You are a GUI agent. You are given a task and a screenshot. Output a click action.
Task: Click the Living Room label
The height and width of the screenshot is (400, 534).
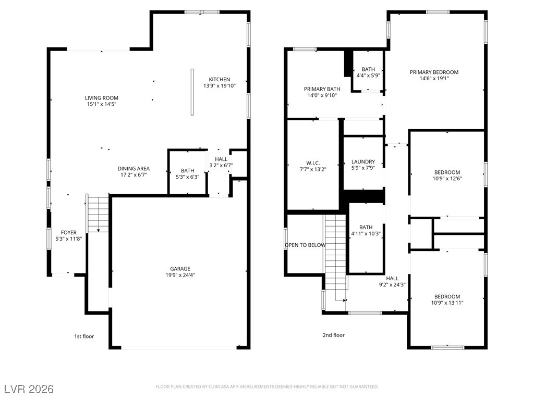click(102, 98)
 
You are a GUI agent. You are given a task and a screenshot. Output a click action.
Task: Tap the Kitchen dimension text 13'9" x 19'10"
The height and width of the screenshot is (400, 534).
click(220, 86)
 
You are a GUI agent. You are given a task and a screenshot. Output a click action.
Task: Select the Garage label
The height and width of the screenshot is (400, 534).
click(180, 269)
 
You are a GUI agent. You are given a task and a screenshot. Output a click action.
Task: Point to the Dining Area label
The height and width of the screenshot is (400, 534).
click(133, 169)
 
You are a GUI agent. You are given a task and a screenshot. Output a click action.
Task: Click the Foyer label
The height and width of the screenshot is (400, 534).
click(68, 233)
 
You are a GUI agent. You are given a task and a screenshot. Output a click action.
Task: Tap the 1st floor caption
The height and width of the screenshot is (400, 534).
click(84, 336)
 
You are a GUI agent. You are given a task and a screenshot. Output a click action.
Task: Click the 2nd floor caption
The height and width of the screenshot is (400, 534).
click(334, 335)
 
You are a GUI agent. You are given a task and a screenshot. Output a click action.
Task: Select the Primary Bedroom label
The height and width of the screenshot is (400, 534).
click(434, 72)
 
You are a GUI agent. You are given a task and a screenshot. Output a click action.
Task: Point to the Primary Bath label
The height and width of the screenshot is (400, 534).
click(322, 89)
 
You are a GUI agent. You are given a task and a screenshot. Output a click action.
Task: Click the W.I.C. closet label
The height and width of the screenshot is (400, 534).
click(313, 163)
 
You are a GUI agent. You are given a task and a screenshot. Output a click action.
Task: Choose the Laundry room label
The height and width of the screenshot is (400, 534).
click(363, 162)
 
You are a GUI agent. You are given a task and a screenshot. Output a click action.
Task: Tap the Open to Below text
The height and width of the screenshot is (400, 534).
click(305, 245)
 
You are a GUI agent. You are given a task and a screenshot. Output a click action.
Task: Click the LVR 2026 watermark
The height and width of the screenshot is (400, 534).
click(29, 389)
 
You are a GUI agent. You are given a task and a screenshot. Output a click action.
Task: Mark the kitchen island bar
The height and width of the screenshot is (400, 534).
click(192, 92)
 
